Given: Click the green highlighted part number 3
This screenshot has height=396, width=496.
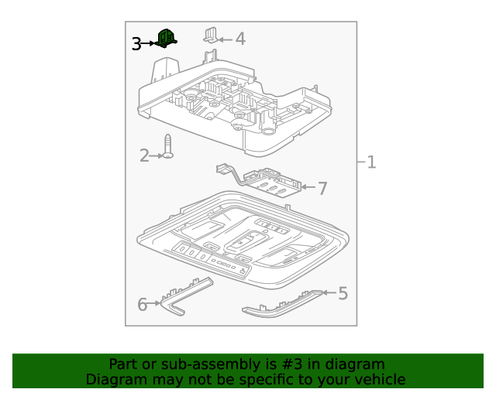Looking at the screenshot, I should click(x=165, y=38).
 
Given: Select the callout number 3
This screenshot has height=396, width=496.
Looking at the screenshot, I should click(x=136, y=44).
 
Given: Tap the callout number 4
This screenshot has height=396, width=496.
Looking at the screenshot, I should click(x=240, y=39).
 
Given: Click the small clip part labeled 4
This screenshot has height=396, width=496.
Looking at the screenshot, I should click(x=210, y=35).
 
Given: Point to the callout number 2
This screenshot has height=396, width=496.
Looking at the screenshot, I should click(x=144, y=156).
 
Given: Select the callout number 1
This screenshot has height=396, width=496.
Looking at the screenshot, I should click(x=371, y=162).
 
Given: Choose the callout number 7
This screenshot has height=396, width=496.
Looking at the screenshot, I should click(x=322, y=188).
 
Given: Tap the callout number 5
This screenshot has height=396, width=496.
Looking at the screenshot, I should click(x=343, y=293).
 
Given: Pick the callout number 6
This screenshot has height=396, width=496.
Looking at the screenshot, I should click(x=142, y=305).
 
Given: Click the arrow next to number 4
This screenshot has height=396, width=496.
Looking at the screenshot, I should click(x=225, y=38).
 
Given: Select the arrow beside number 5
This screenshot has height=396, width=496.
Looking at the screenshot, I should click(x=328, y=292).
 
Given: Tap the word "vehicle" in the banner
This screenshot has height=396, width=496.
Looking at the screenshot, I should click(x=377, y=379).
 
